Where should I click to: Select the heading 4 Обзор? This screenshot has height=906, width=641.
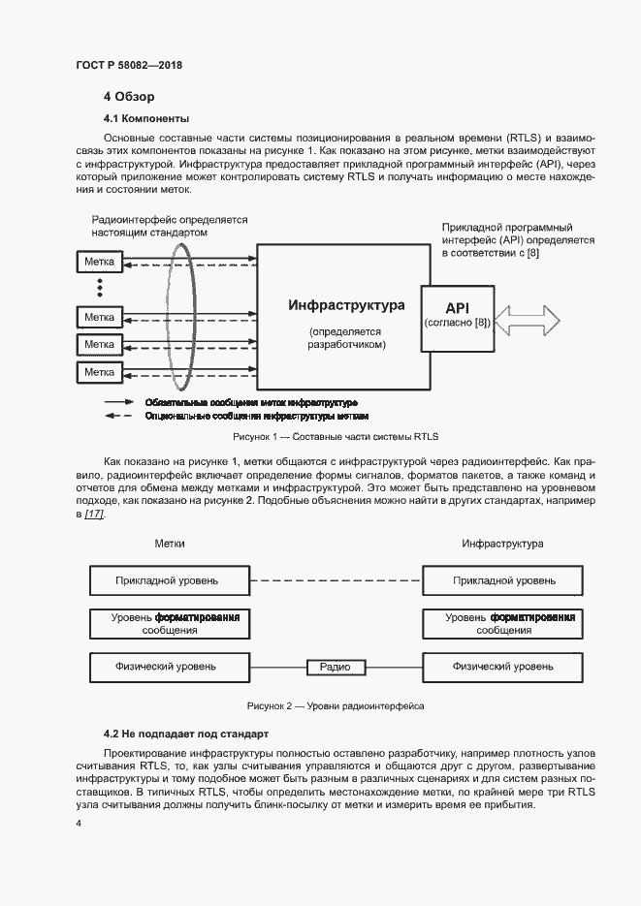[129, 97]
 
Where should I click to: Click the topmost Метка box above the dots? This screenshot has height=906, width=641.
[99, 262]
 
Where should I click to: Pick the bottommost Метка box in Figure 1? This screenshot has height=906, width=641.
[99, 372]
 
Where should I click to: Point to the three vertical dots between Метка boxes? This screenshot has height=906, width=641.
[99, 289]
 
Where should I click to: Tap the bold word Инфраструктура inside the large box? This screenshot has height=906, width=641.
[346, 305]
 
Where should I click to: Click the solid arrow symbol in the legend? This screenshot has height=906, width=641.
[118, 401]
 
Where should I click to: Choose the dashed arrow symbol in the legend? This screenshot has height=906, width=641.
[118, 417]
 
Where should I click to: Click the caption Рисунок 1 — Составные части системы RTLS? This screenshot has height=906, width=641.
[336, 437]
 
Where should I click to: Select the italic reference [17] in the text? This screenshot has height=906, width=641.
[94, 514]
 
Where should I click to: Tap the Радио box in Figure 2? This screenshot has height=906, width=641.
[335, 668]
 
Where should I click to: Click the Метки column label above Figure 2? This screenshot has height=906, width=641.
[170, 545]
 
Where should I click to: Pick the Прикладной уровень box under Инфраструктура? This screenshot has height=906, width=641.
[503, 580]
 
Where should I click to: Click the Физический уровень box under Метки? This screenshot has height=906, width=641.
[170, 668]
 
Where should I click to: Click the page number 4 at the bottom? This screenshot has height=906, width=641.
[78, 824]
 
